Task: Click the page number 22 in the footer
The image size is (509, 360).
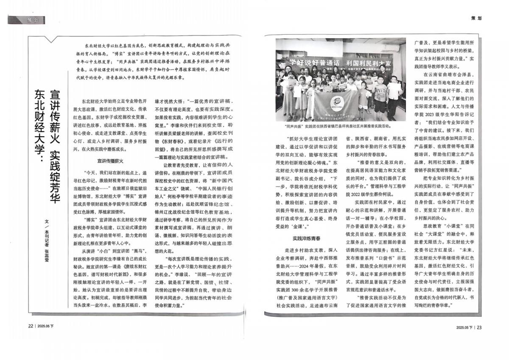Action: click(31, 327)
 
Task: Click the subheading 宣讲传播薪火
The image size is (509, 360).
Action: click(109, 161)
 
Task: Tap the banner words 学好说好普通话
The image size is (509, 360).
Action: click(312, 62)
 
